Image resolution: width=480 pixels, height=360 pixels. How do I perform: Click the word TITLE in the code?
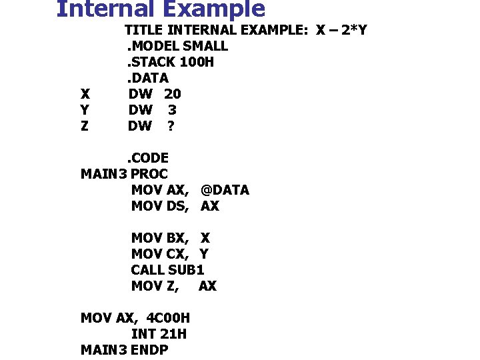pos(144,30)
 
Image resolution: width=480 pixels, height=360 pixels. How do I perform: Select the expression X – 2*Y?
pos(341,30)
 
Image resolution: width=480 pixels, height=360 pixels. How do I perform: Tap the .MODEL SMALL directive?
pos(177,46)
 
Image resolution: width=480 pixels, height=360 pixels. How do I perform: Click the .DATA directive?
pos(146,78)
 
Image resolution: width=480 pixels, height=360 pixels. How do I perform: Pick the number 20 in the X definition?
pos(172,94)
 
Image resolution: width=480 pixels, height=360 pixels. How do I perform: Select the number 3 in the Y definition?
pos(172,110)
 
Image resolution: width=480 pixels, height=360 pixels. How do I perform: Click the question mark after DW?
pos(171,126)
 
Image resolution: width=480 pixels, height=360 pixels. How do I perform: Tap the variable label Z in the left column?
pos(84,126)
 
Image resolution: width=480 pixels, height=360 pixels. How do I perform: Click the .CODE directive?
pos(148,158)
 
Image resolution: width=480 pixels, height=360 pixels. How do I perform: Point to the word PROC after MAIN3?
pos(149,174)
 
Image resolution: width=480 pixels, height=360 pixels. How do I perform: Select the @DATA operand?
pos(225,190)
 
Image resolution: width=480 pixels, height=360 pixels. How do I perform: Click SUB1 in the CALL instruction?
pos(186,270)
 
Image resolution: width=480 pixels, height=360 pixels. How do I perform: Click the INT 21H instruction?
pos(159,334)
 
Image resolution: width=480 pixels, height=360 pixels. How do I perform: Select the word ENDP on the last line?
pos(149,350)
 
